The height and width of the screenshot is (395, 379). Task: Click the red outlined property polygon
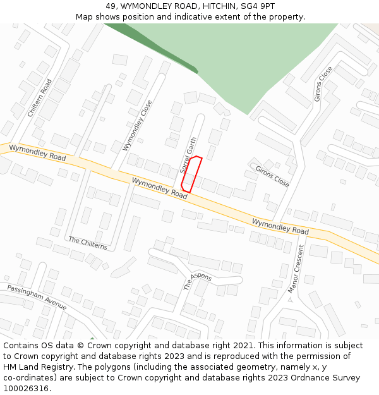[x=191, y=174]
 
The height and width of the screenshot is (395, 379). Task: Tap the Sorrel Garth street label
[x=188, y=155]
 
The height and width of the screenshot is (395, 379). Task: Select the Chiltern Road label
[x=40, y=97]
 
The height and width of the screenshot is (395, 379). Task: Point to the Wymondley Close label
[x=138, y=125]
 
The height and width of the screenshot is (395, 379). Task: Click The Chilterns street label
[x=88, y=243]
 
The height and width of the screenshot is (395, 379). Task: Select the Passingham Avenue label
[x=37, y=296]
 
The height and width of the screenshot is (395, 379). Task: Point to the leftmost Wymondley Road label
[x=37, y=152]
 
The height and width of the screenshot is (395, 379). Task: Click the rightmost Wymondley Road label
[x=280, y=226]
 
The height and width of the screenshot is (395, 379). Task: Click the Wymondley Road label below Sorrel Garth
[x=160, y=188]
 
